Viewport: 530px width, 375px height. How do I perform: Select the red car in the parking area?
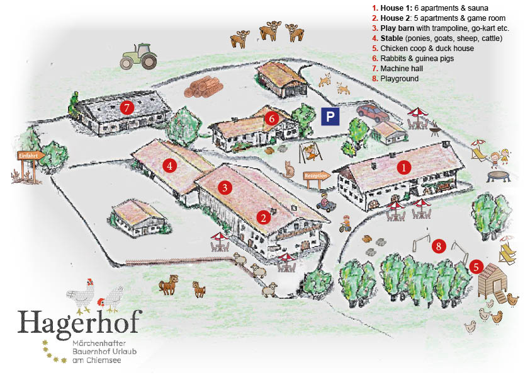[373, 113]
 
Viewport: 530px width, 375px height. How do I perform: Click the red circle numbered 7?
[127, 108]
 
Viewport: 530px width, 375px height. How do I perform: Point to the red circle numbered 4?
[168, 166]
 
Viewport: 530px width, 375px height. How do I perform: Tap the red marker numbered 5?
[477, 267]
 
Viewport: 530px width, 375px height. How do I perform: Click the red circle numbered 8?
[439, 246]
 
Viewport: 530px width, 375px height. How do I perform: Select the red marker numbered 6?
[271, 118]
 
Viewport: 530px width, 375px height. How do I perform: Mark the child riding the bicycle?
[344, 224]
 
